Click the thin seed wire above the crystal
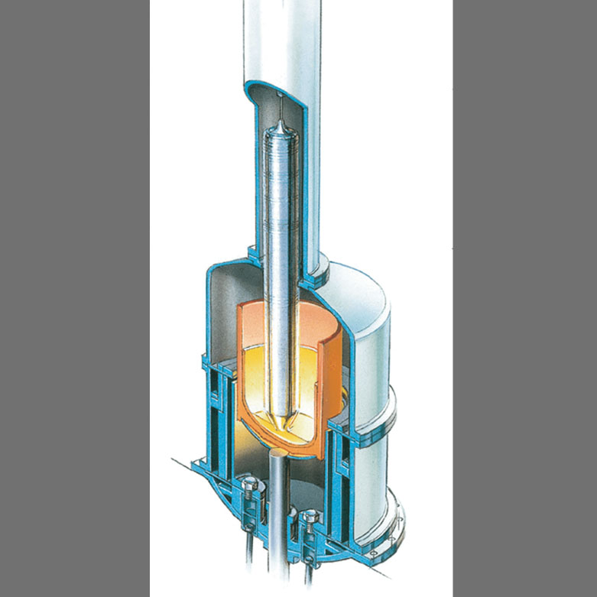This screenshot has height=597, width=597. [x=281, y=107]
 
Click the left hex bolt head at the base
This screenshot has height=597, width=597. [x=248, y=487]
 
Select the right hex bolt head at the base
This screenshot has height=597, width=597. [x=309, y=519]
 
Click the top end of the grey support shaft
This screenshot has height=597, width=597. [x=277, y=456]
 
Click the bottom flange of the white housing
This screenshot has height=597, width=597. [x=394, y=527]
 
